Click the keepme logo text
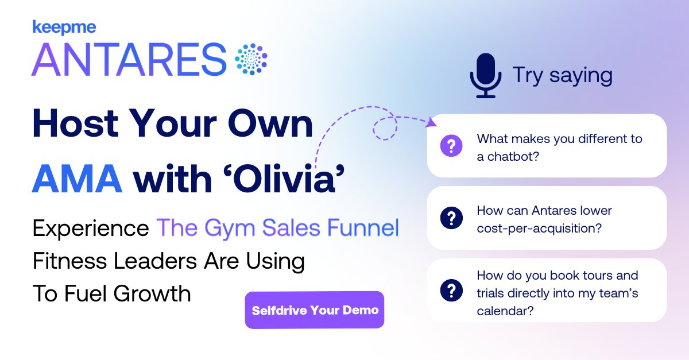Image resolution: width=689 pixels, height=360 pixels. pyautogui.click(x=64, y=27)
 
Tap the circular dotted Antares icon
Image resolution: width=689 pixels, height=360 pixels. pyautogui.click(x=251, y=59)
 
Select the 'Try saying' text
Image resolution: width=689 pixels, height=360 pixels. pyautogui.click(x=562, y=76)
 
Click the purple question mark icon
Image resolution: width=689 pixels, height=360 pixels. pyautogui.click(x=451, y=146)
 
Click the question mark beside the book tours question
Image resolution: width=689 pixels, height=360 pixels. pyautogui.click(x=451, y=290)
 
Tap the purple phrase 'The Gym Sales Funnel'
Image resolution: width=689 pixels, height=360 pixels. pyautogui.click(x=278, y=228)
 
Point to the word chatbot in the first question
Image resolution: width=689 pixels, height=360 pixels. pyautogui.click(x=508, y=157)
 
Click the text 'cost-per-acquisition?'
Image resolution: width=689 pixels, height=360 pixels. pyautogui.click(x=539, y=228)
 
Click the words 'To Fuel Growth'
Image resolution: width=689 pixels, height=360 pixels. pyautogui.click(x=111, y=293)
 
